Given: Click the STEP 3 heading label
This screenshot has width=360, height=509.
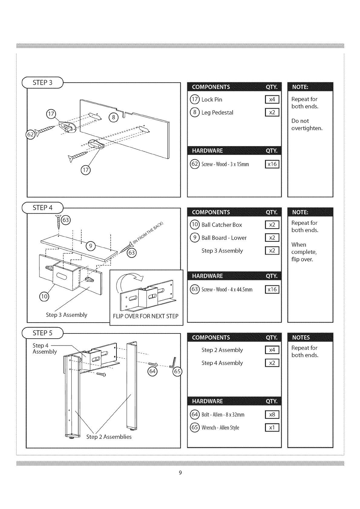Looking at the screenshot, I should (42, 83).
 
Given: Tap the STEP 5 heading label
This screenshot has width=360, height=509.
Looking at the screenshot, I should (42, 333).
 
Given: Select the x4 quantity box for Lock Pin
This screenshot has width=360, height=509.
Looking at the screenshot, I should (272, 100).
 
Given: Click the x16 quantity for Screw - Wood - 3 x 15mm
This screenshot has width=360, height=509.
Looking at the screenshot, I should (272, 164).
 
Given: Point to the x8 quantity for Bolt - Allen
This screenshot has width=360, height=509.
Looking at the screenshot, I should (272, 415).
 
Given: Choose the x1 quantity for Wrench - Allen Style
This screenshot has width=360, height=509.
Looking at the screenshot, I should (272, 428).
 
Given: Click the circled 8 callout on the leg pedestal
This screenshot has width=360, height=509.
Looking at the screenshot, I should (113, 117).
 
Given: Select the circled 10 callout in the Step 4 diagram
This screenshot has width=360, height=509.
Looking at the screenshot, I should (44, 296).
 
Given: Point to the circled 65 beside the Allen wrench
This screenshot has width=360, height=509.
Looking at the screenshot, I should (177, 372).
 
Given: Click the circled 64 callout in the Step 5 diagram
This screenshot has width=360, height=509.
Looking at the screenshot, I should (152, 371).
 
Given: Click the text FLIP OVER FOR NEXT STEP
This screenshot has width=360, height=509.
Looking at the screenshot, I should (146, 316).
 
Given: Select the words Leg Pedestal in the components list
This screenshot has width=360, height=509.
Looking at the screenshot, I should (217, 113).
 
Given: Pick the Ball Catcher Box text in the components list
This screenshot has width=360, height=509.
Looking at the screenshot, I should (222, 225).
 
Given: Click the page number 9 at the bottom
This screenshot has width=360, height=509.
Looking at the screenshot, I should (180, 473).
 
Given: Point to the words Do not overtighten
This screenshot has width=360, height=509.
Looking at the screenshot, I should (307, 125).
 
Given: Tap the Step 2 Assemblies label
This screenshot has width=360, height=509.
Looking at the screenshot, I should (109, 437).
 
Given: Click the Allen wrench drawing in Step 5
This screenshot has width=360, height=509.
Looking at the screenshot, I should (173, 362).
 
